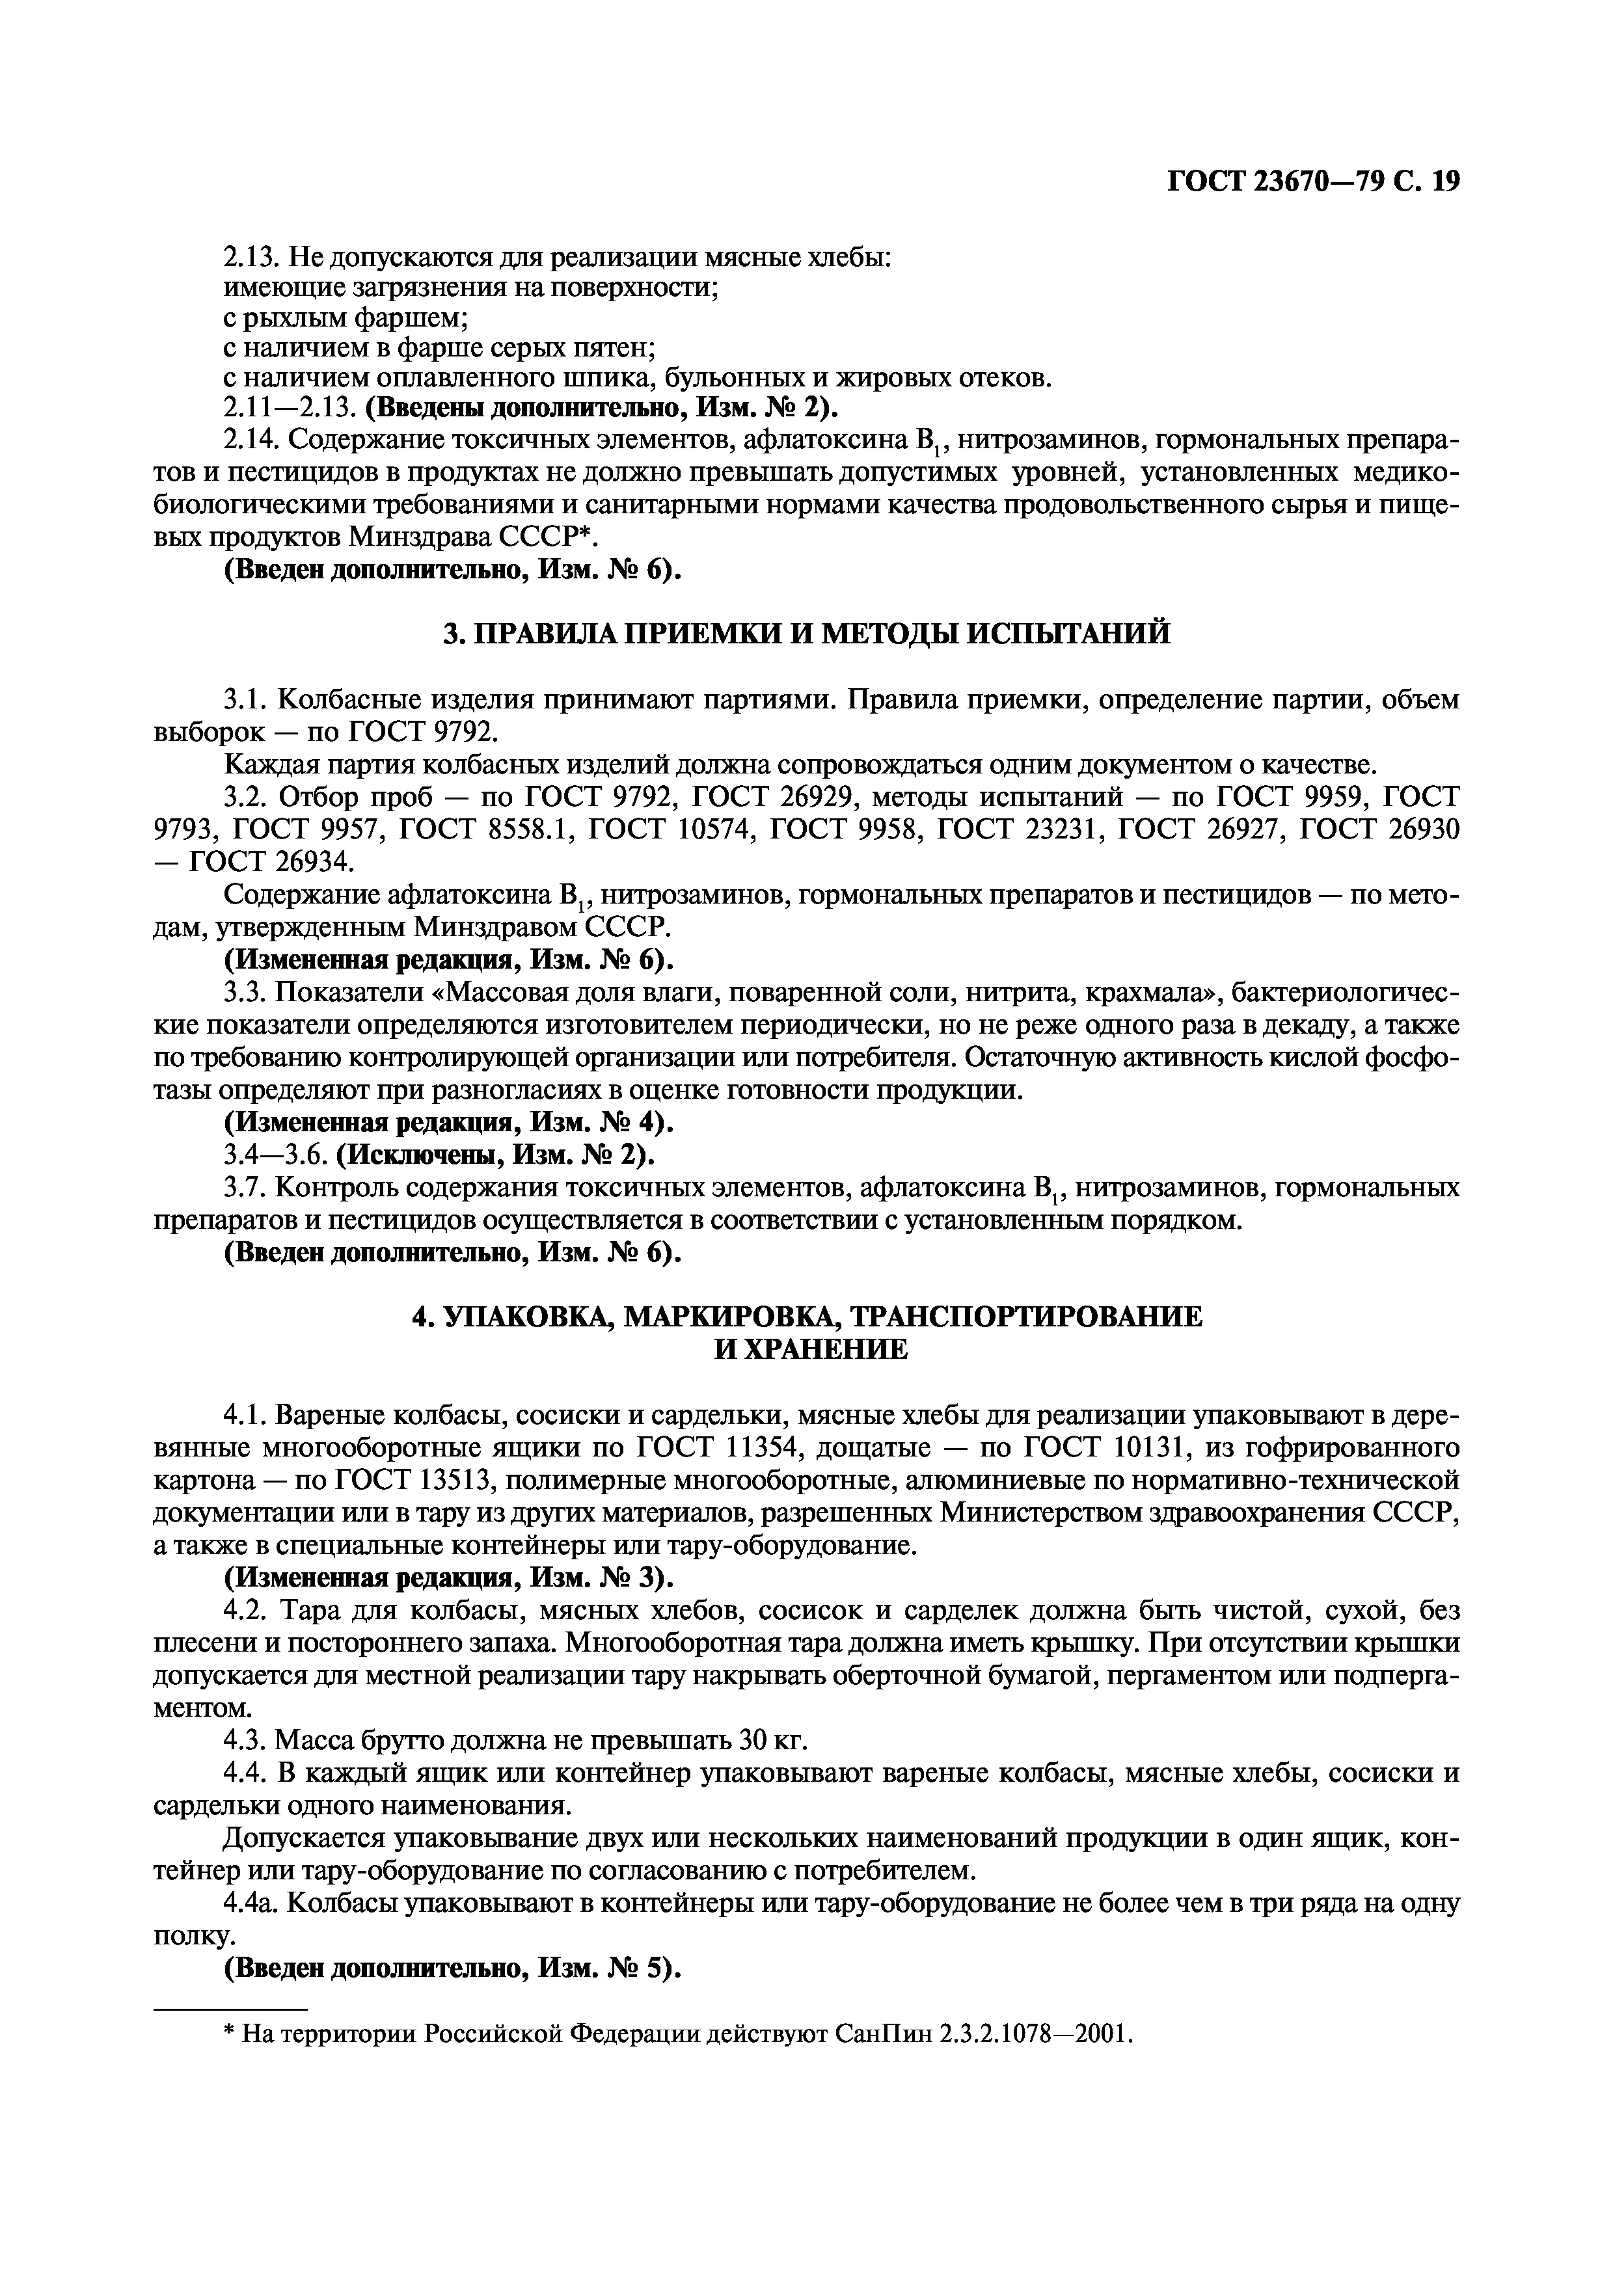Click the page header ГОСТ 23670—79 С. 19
pos(1312,180)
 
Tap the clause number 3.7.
pos(243,1188)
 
